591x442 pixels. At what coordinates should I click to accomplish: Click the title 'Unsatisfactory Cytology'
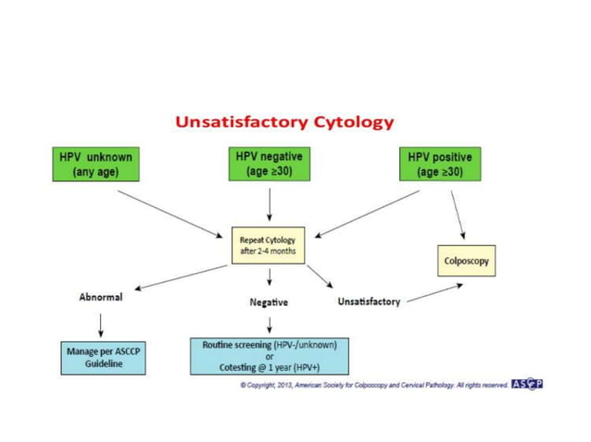point(284,122)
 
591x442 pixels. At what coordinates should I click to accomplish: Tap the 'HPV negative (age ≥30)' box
point(269,164)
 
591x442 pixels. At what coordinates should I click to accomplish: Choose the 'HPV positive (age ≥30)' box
point(444,165)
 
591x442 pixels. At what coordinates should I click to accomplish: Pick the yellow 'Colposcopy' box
point(465,262)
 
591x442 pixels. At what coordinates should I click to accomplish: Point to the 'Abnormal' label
point(101,298)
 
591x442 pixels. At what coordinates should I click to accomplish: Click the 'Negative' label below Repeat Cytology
point(269,301)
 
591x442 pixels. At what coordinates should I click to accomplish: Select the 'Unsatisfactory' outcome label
point(369,301)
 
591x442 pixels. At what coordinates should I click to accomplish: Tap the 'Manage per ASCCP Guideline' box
point(101,358)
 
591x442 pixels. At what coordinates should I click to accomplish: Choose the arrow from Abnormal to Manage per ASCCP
point(100,325)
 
